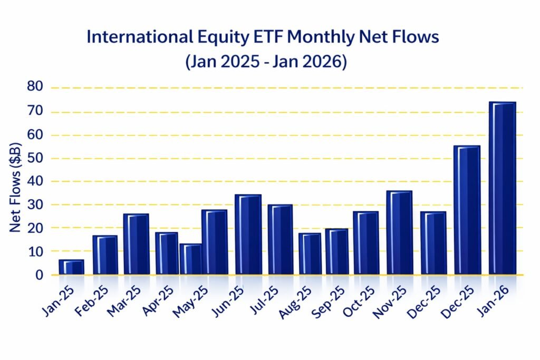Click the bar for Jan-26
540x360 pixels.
pyautogui.click(x=502, y=188)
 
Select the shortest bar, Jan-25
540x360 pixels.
pyautogui.click(x=71, y=267)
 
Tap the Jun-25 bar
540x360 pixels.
pyautogui.click(x=248, y=235)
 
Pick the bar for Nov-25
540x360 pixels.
pyautogui.click(x=399, y=232)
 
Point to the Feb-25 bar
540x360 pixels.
pyautogui.click(x=104, y=255)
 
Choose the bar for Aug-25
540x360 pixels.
pyautogui.click(x=310, y=254)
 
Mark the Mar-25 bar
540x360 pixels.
pyautogui.click(x=136, y=244)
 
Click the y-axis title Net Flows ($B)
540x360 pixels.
pyautogui.click(x=16, y=188)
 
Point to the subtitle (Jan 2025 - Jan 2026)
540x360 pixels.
pyautogui.click(x=266, y=62)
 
